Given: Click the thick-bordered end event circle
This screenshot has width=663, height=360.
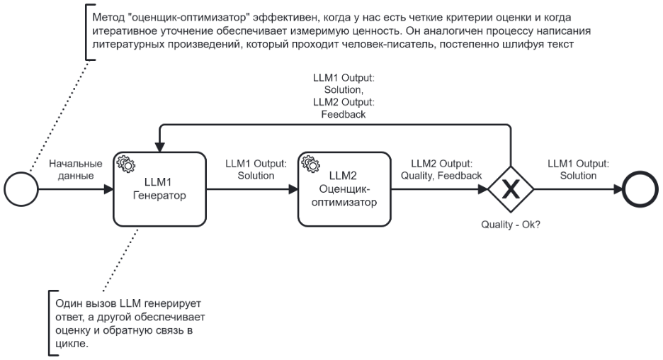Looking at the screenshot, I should coord(640,189).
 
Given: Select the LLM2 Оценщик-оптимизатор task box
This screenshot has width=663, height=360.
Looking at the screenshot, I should coord(345,189).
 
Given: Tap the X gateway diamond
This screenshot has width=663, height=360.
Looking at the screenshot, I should coord(510,189).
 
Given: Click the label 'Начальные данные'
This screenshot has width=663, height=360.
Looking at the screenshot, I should coord(75,169).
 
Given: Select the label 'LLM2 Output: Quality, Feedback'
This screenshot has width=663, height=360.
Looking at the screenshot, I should coord(441,169).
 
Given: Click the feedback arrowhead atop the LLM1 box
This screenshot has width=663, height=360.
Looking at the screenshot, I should coord(160,147).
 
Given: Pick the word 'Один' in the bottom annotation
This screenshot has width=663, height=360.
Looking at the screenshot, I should coord(68,303).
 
